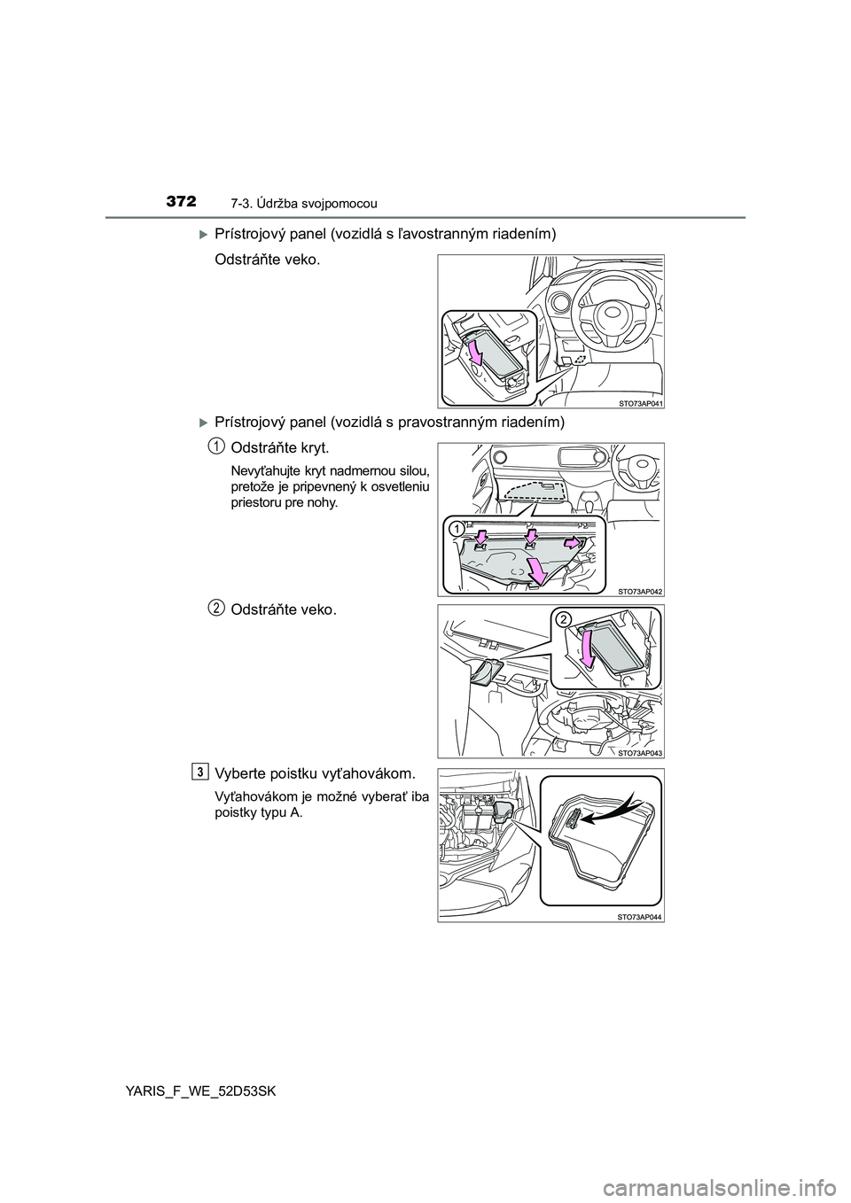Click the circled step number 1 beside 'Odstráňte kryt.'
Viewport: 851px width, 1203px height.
click(215, 444)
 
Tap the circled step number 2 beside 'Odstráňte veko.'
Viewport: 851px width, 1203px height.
click(215, 607)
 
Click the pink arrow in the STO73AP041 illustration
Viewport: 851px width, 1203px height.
click(475, 353)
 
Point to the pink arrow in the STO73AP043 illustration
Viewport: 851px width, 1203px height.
click(585, 654)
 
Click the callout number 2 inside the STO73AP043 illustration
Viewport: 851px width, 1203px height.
click(562, 621)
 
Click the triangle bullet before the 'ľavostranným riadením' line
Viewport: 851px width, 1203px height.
click(203, 234)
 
